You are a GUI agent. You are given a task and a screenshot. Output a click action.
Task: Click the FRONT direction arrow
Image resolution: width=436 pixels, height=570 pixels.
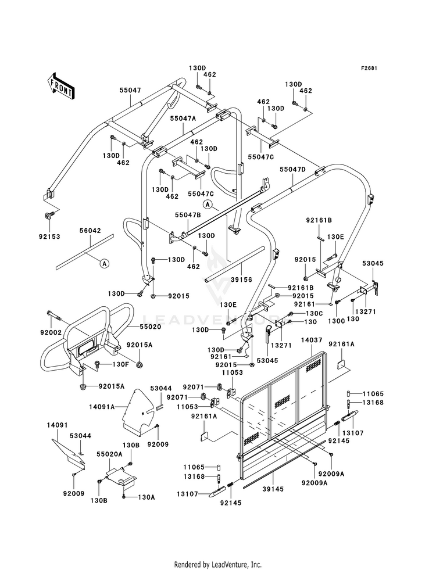61,86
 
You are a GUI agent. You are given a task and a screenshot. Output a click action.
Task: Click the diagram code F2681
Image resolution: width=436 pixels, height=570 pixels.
369,68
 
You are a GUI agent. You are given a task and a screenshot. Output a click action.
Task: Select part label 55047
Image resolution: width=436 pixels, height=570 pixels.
130,90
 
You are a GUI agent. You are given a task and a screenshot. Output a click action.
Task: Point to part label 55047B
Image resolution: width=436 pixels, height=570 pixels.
188,215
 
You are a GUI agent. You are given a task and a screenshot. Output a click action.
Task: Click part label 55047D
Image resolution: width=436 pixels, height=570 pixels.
293,170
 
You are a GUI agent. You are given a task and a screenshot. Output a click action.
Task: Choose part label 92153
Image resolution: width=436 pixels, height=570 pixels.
49,236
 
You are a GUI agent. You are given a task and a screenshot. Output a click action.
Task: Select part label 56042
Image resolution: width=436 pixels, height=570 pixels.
90,231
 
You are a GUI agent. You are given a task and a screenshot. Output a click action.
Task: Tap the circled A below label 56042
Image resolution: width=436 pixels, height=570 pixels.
104,263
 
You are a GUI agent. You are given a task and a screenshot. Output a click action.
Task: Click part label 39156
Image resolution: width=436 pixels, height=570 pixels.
241,280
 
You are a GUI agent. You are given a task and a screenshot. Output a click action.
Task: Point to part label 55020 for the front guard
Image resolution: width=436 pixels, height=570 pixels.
151,327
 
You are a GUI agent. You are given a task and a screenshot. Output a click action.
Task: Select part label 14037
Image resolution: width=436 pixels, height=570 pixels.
312,340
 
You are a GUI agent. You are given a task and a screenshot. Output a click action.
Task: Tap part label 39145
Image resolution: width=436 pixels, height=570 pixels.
273,489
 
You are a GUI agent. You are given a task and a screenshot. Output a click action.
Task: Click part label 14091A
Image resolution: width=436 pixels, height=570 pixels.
102,407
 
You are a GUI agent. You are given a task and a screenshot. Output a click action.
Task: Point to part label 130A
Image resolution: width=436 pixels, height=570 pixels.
146,497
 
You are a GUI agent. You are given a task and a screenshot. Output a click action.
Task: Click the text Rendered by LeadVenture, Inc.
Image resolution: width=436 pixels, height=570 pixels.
218,564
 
